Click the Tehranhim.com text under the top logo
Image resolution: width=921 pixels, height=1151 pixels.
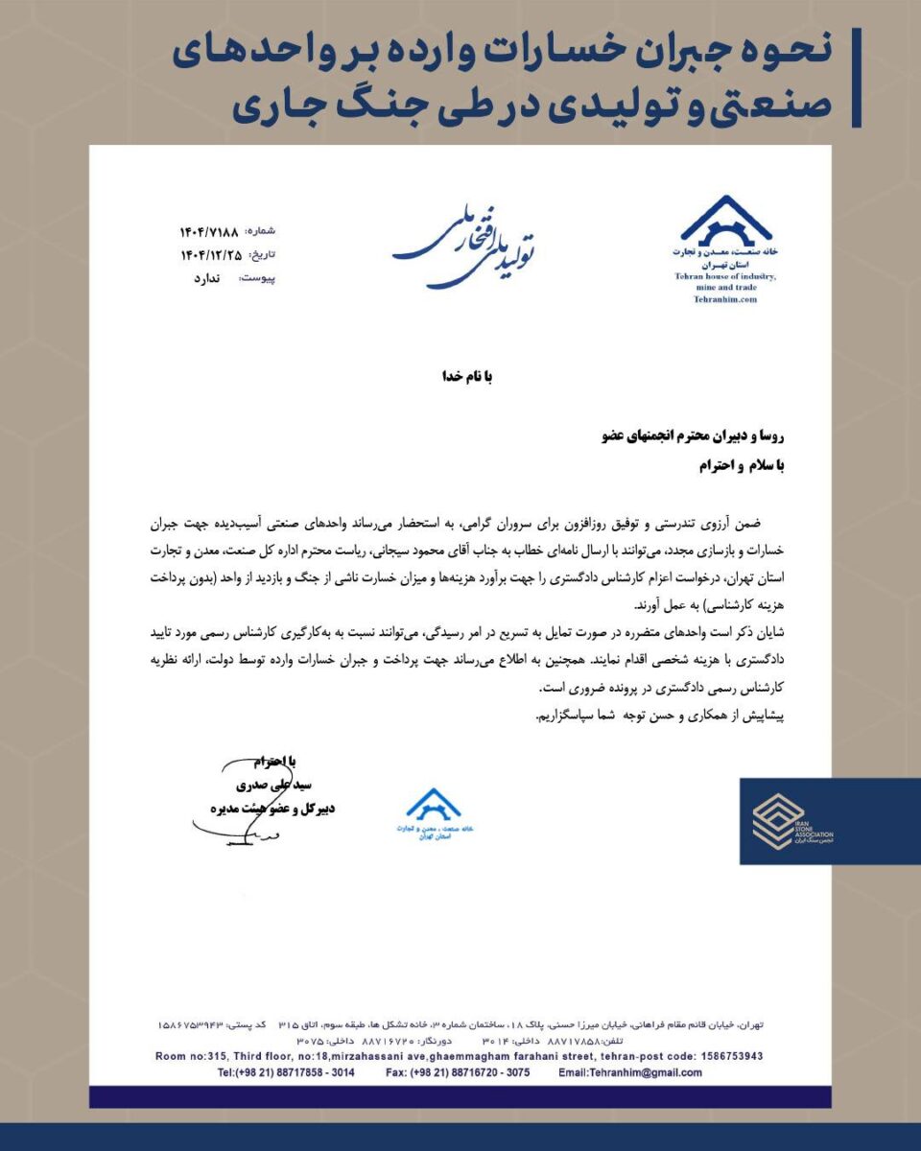tap(725, 299)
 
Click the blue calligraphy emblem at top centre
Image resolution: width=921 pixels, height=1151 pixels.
tap(464, 245)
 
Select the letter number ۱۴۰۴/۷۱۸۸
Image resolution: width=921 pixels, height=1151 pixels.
tap(209, 232)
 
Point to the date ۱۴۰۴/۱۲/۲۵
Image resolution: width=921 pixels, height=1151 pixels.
tap(209, 254)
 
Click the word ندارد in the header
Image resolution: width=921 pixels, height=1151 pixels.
tap(207, 278)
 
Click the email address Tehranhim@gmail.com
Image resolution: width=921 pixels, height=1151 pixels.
tap(633, 1072)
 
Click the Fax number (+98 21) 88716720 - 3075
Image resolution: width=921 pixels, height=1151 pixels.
tap(458, 1072)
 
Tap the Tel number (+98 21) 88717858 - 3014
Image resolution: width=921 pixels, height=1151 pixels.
tap(286, 1072)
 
